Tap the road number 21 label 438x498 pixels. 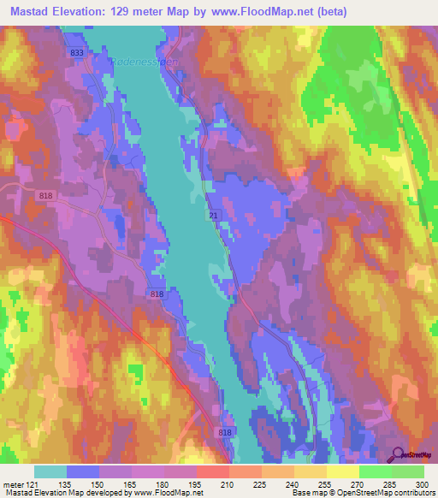(210, 214)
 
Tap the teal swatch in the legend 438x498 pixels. (50, 471)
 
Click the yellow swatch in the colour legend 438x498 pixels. (342, 471)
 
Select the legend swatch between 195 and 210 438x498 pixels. (212, 471)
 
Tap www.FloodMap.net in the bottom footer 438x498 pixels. (174, 493)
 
